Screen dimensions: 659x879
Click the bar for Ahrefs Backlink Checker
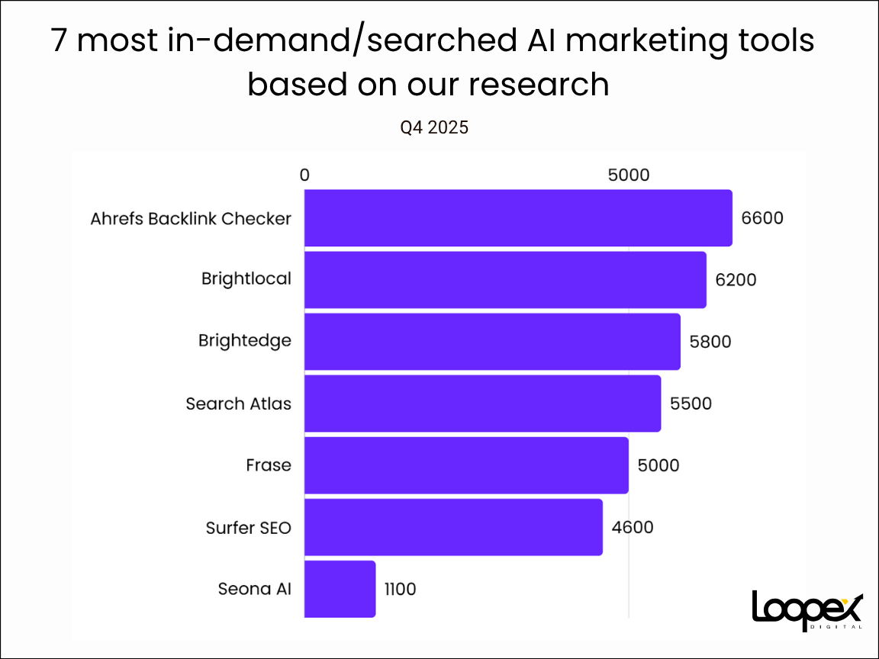pyautogui.click(x=518, y=218)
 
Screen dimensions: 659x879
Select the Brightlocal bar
pyautogui.click(x=505, y=280)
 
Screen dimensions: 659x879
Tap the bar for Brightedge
pyautogui.click(x=492, y=342)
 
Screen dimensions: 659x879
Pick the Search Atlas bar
pyautogui.click(x=482, y=403)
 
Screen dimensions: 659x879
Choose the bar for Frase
pyautogui.click(x=466, y=465)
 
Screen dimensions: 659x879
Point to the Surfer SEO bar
pyautogui.click(x=453, y=527)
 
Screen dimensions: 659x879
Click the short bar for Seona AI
pyautogui.click(x=340, y=589)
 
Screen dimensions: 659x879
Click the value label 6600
pyautogui.click(x=762, y=218)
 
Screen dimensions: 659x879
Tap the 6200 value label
pyautogui.click(x=736, y=280)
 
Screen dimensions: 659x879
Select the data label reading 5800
pyautogui.click(x=710, y=342)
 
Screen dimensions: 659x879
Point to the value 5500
pyautogui.click(x=691, y=403)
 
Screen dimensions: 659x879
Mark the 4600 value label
pyautogui.click(x=633, y=527)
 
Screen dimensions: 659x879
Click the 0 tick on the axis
pyautogui.click(x=304, y=175)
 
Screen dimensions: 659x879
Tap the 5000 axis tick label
pyautogui.click(x=628, y=175)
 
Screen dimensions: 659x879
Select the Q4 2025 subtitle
pyautogui.click(x=434, y=128)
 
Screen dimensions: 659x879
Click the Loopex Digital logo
pyautogui.click(x=807, y=610)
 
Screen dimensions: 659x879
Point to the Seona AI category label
pyautogui.click(x=254, y=589)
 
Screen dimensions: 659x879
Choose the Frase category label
pyautogui.click(x=269, y=465)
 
